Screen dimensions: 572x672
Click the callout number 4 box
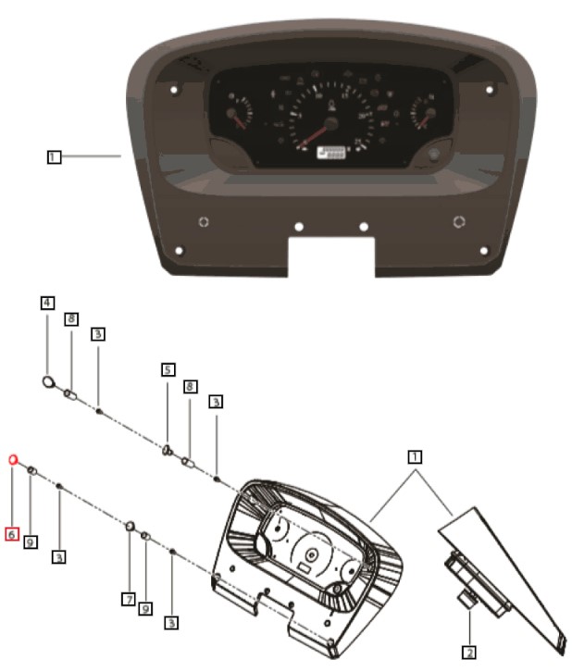47,303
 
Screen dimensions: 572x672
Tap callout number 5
168,368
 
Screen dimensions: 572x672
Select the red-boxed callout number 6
11,534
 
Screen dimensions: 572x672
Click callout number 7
129,600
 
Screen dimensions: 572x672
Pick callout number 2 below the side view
469,653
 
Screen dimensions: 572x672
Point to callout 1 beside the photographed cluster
55,157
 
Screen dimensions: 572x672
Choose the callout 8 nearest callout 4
70,319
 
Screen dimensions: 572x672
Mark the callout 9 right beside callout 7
145,608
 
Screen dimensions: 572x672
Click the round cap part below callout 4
51,380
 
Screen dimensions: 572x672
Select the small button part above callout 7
131,527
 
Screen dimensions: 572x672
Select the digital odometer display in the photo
330,154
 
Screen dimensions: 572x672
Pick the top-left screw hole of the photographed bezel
173,90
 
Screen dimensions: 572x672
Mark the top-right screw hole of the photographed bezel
490,90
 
